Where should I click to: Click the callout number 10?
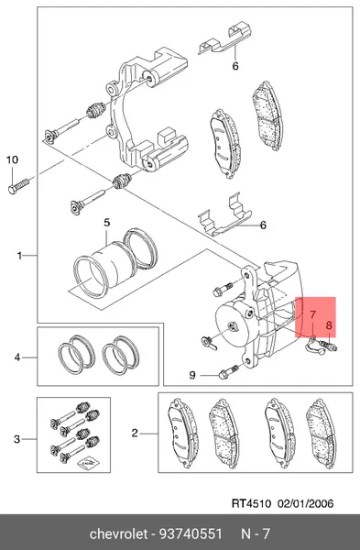[x=12, y=159]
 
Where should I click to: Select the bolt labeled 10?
[x=18, y=185]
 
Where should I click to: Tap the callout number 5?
[x=106, y=223]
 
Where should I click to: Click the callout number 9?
[x=192, y=375]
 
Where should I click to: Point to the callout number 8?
[x=329, y=325]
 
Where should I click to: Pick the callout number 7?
[x=312, y=314]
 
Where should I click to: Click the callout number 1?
[x=20, y=256]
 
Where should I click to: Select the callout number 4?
[x=17, y=357]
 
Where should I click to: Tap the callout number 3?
[x=17, y=439]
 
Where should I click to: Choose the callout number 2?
[x=135, y=434]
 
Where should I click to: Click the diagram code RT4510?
[x=251, y=503]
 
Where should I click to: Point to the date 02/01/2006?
[x=306, y=503]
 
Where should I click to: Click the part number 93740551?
[x=191, y=533]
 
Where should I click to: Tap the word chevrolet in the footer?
[x=118, y=533]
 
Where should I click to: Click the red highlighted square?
[x=315, y=317]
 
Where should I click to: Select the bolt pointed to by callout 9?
[x=228, y=371]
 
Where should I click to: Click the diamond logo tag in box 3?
[x=88, y=463]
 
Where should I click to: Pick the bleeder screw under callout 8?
[x=329, y=346]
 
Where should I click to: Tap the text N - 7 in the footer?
[x=256, y=533]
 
